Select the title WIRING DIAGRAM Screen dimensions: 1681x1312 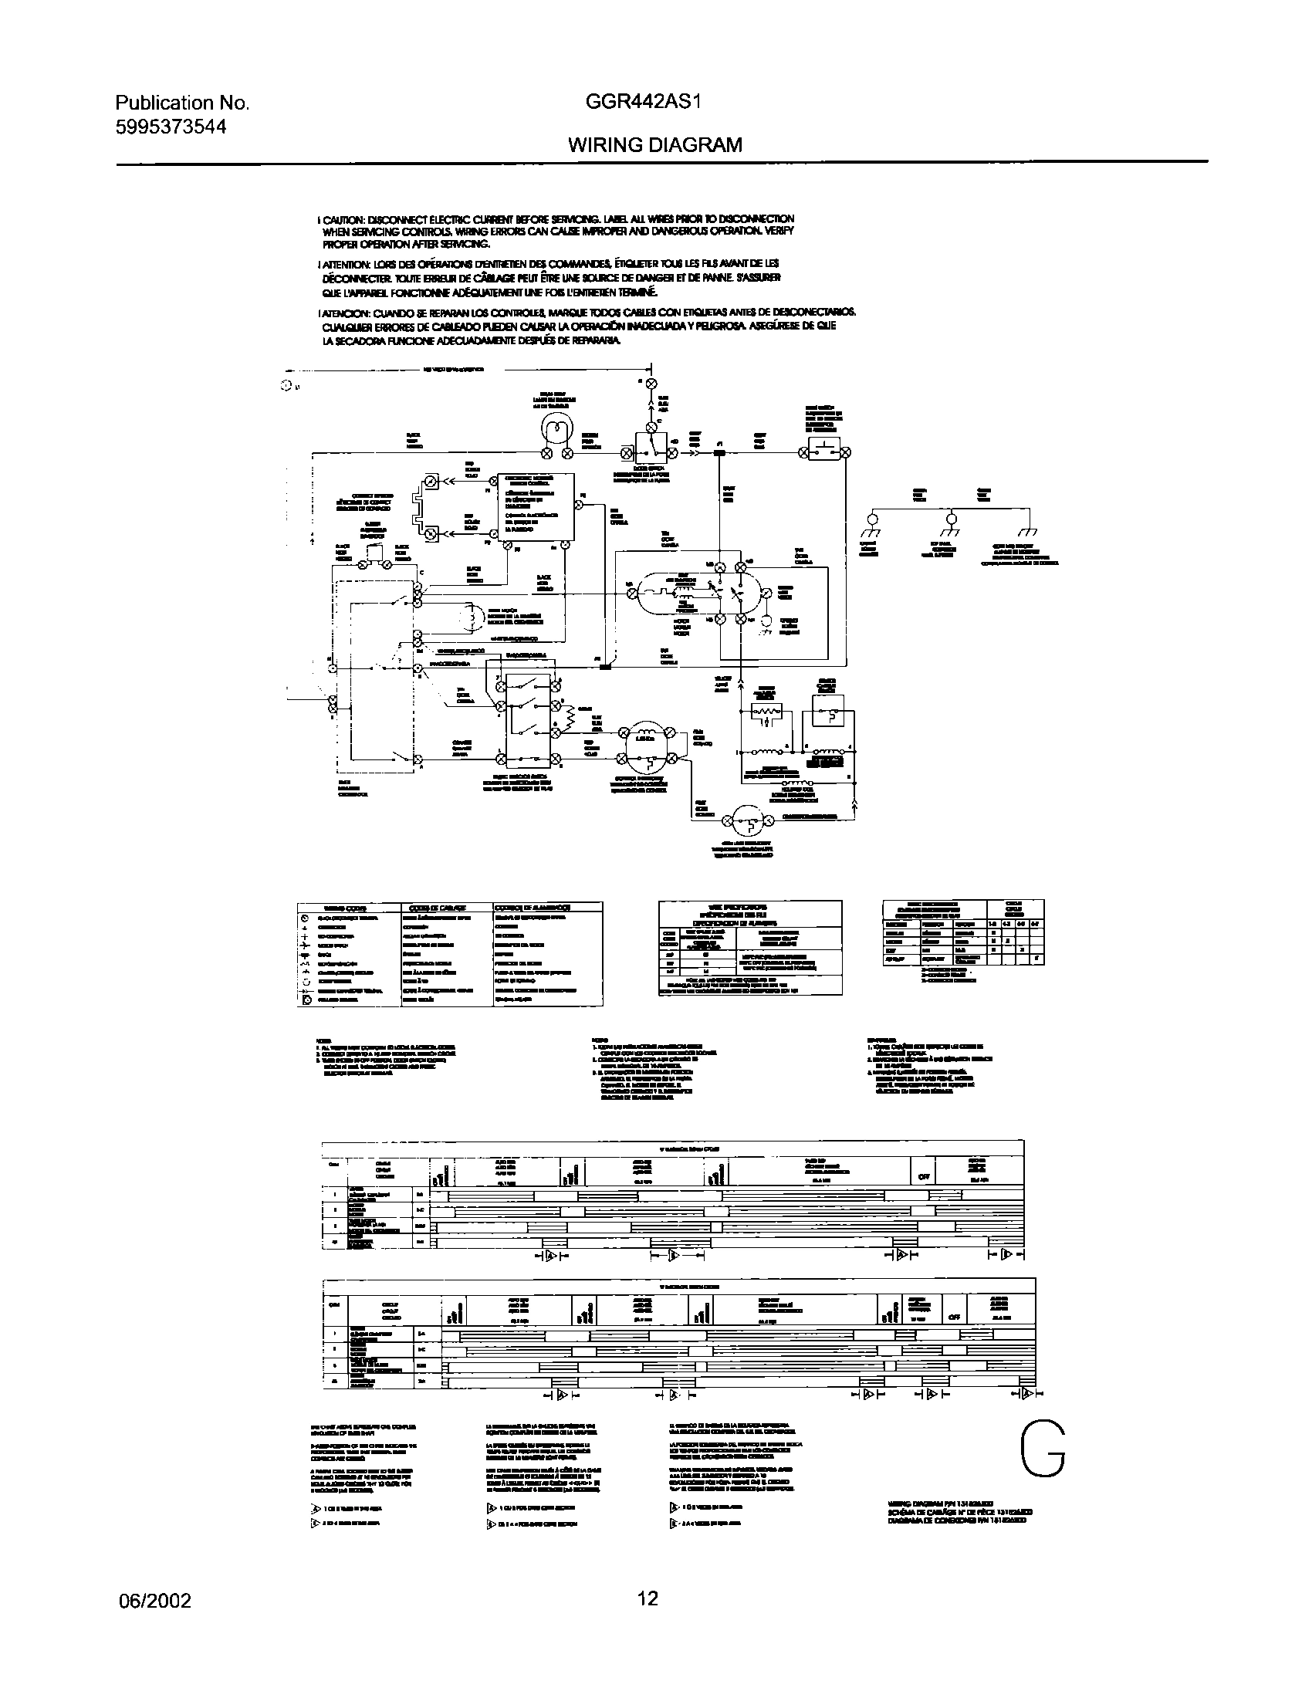point(655,144)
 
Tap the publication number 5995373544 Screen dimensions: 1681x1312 point(171,127)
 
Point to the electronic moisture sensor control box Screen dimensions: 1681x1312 point(535,505)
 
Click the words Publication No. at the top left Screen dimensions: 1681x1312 point(182,103)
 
